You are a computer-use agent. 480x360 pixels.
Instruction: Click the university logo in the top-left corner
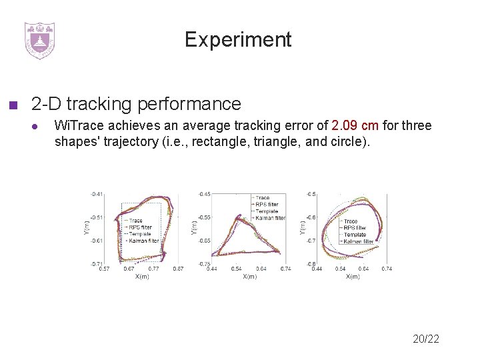click(x=39, y=40)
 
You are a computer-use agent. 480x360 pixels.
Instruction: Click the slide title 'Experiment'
click(x=238, y=40)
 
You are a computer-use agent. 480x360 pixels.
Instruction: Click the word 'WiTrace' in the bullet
click(x=75, y=125)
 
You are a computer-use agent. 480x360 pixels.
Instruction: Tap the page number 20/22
click(x=426, y=339)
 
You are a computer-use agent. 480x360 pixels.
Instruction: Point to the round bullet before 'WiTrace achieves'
click(x=39, y=126)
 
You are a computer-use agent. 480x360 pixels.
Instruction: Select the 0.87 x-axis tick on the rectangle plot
click(x=178, y=268)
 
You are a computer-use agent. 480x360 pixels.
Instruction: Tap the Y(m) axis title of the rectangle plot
click(x=86, y=229)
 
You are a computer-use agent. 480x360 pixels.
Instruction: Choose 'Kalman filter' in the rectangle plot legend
click(x=143, y=241)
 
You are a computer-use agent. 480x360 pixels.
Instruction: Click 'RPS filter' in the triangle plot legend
click(x=267, y=204)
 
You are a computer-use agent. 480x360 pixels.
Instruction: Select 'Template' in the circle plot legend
click(x=355, y=235)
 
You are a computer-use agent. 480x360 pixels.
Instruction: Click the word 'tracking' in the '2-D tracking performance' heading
click(x=98, y=104)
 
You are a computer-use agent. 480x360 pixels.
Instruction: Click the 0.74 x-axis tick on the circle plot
click(x=386, y=268)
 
